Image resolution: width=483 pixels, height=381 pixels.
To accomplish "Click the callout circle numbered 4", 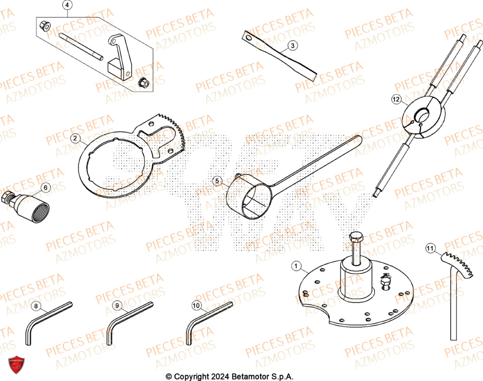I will pyautogui.click(x=67, y=6).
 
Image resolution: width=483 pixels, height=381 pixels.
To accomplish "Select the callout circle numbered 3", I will pyautogui.click(x=293, y=46).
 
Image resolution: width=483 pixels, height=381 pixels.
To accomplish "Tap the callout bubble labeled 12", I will pyautogui.click(x=396, y=100).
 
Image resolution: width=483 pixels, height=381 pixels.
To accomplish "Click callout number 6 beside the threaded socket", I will pyautogui.click(x=45, y=187).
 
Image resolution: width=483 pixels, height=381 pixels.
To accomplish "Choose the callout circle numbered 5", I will pyautogui.click(x=217, y=181).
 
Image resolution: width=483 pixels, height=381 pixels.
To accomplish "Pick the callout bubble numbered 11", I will pyautogui.click(x=430, y=249).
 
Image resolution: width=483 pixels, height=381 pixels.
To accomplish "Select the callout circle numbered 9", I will pyautogui.click(x=116, y=306).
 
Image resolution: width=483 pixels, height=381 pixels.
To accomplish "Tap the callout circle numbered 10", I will pyautogui.click(x=196, y=306).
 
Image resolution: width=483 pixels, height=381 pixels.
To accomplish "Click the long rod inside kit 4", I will pyautogui.click(x=81, y=46).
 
